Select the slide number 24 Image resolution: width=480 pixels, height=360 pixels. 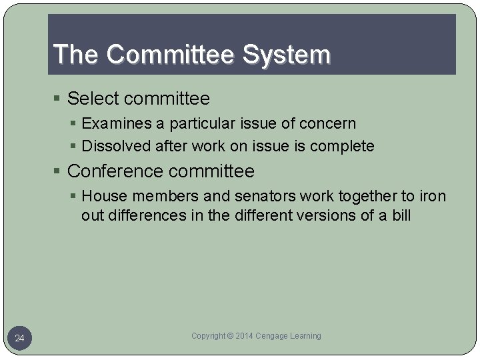pos(19,339)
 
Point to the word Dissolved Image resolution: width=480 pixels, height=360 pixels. pos(115,146)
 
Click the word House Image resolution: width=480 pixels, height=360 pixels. pos(102,196)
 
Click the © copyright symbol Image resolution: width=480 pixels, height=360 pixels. pos(230,336)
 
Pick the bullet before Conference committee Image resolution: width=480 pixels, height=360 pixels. pos(59,172)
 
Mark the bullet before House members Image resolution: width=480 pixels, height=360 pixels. pos(74,197)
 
